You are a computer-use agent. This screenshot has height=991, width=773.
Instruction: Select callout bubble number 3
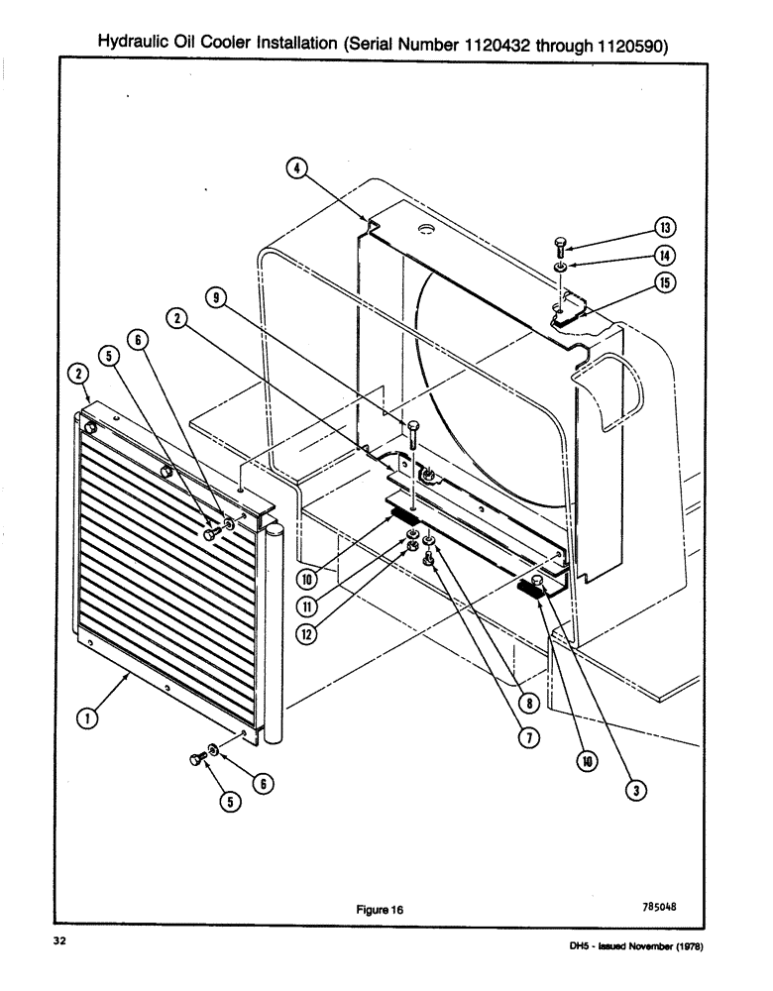638,790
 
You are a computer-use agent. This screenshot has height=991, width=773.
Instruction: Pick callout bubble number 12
306,635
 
